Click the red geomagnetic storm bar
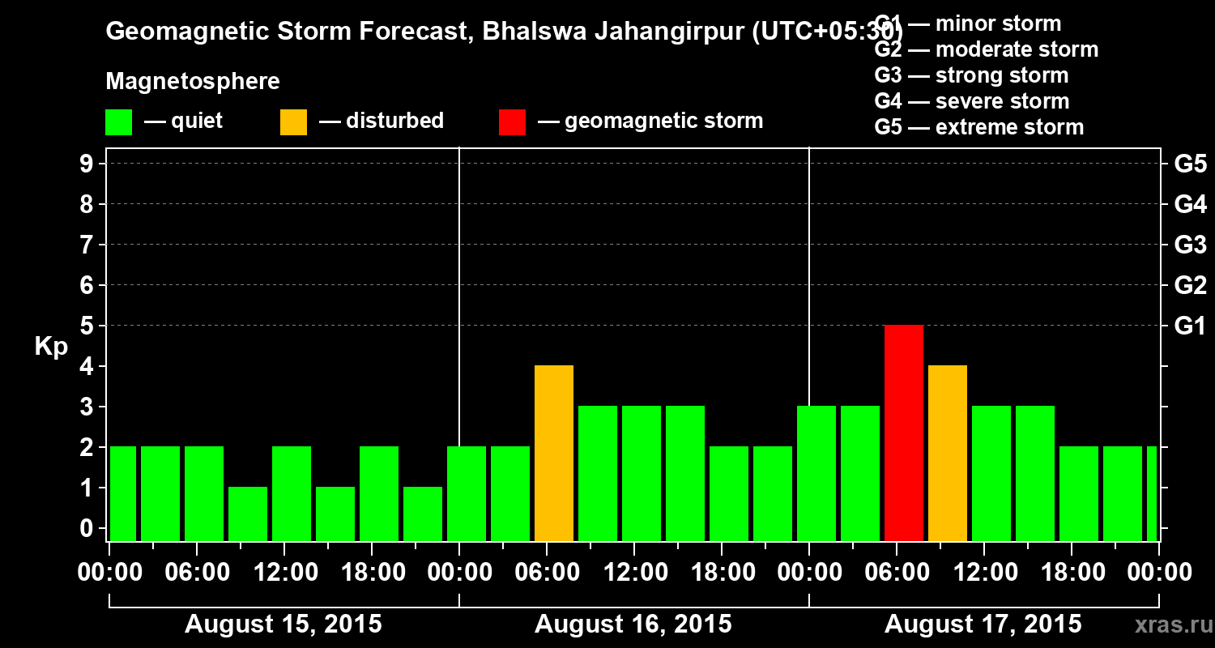tap(904, 433)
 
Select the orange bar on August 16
tap(554, 453)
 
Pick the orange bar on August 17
tap(948, 453)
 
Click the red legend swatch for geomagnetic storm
tap(512, 122)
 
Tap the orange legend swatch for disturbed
tap(293, 122)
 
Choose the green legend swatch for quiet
tap(118, 122)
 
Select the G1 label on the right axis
tap(1190, 326)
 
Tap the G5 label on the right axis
tap(1190, 164)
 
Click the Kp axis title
tap(51, 347)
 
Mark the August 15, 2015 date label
tap(283, 625)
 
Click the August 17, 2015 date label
tap(983, 625)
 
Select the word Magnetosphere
tap(193, 82)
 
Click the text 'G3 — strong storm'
tap(971, 75)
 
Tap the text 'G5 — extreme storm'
tap(978, 127)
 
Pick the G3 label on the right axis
tap(1190, 245)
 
